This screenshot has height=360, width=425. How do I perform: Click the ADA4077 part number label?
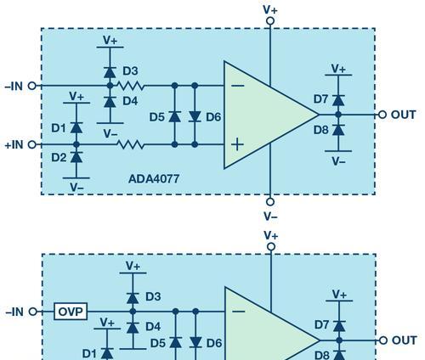point(154,179)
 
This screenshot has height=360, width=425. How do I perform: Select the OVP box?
point(71,312)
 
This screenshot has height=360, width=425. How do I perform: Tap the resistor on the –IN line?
point(131,86)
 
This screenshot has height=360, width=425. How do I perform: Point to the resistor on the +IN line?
point(131,144)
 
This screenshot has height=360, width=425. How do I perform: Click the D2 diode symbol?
point(76,157)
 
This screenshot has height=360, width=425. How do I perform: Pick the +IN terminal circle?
point(32,144)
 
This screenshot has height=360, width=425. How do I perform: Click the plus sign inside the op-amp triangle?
point(237,144)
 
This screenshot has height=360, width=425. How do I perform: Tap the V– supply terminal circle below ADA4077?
point(270,202)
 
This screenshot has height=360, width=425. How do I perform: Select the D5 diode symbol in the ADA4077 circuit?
point(175,116)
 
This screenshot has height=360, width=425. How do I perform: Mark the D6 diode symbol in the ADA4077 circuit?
point(195,116)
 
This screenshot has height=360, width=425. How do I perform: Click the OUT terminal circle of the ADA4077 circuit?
point(382,115)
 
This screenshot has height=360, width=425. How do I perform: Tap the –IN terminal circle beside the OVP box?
point(33,312)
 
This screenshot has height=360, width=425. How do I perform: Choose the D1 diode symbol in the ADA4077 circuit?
point(76,127)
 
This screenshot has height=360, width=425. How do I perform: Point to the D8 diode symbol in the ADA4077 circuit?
point(338,130)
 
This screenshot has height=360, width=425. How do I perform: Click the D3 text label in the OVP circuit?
point(153,296)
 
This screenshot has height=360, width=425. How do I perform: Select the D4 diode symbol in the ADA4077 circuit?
point(110,102)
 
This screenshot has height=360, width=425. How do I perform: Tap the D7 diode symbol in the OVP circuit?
point(339,326)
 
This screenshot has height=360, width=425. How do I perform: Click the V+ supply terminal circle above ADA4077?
point(270,21)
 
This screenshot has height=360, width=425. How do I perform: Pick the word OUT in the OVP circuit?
point(405,340)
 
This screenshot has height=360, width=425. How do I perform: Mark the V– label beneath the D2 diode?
point(76,188)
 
